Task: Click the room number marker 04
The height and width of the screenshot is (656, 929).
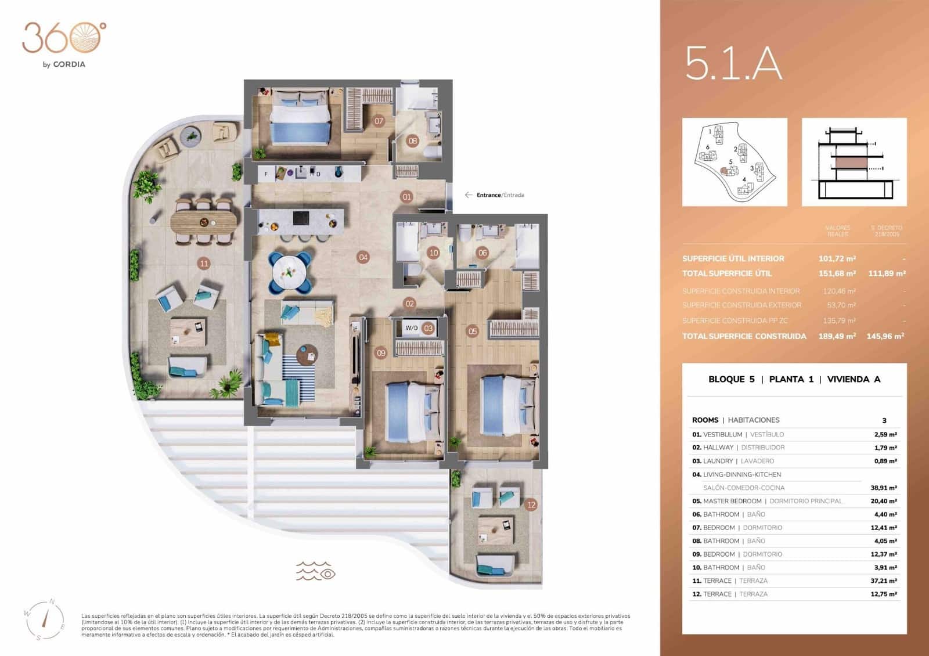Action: pos(363,257)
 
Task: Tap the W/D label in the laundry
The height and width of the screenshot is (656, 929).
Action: pos(412,328)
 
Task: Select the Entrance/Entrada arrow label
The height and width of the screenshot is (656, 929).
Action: pos(495,195)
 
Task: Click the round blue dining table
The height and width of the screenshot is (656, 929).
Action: pos(289,272)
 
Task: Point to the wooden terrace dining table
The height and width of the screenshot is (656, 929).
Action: pos(204,221)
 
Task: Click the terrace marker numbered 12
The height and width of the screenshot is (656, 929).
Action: pos(531,504)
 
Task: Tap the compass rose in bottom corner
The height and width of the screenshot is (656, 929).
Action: pos(45,619)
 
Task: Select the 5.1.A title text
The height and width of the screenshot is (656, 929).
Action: pos(733,64)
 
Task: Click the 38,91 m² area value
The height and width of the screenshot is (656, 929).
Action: pos(883,488)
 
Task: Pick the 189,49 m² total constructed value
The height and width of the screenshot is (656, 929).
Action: pos(837,336)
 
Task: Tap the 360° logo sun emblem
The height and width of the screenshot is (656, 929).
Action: pos(85,38)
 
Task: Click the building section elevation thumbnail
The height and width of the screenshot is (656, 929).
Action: pos(854,162)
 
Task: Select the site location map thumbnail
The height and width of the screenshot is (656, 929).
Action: pos(734,162)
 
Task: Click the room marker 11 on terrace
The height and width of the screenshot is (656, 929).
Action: pos(204,264)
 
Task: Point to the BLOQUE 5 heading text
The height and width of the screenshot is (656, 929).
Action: pos(732,379)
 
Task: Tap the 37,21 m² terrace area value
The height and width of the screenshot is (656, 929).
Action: pos(883,581)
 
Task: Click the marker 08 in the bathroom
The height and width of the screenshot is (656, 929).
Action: pos(412,140)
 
